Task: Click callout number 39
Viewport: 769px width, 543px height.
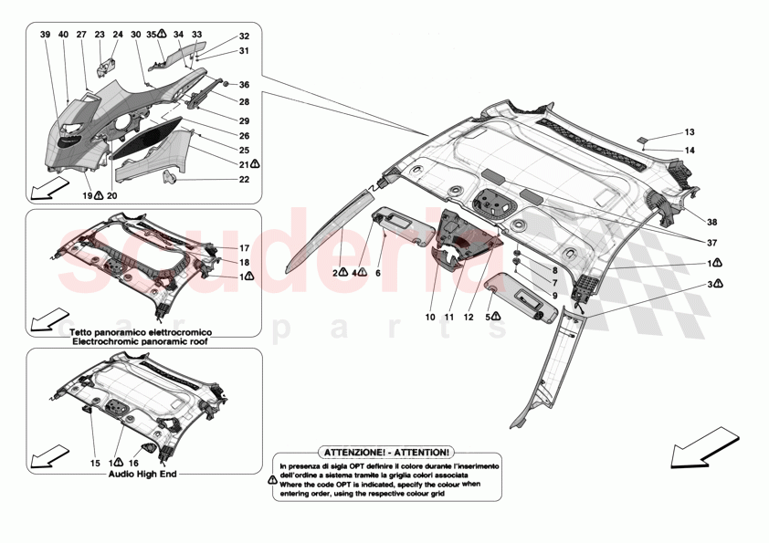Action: (46, 34)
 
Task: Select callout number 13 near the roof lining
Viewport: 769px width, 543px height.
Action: (690, 133)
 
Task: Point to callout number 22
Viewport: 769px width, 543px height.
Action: (244, 180)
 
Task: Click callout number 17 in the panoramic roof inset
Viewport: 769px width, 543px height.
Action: (244, 248)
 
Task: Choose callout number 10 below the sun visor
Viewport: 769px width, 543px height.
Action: (430, 318)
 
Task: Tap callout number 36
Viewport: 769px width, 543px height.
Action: (244, 85)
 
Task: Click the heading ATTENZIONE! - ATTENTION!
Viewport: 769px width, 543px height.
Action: (384, 452)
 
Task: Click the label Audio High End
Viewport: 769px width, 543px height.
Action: (142, 475)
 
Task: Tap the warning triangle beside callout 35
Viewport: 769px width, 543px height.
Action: (161, 34)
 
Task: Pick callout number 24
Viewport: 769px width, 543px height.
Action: (117, 34)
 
